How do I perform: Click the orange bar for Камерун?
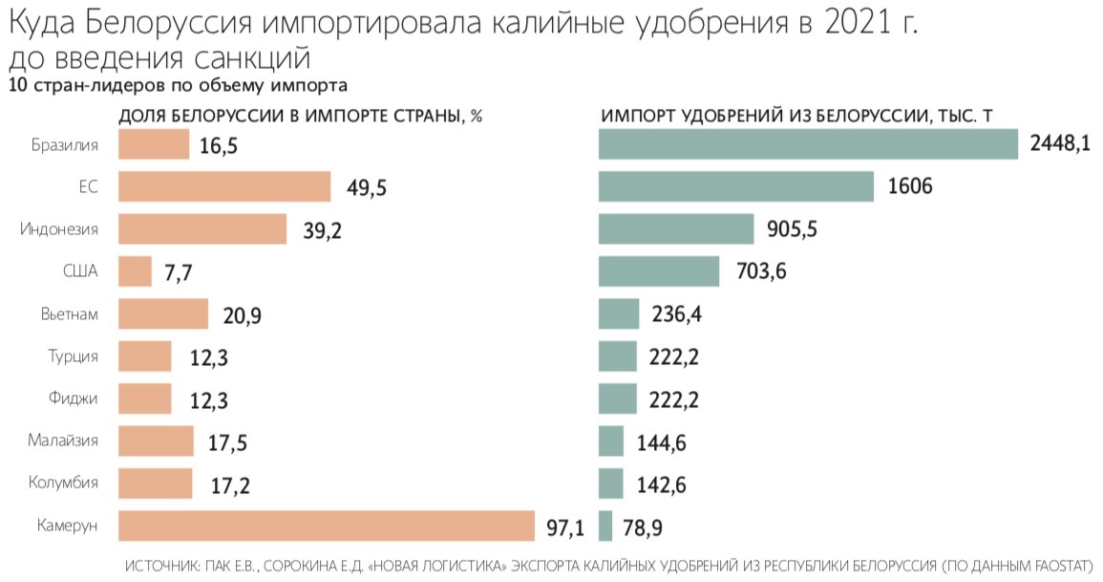tap(326, 526)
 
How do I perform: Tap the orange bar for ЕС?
tap(224, 186)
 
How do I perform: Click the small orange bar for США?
tap(135, 271)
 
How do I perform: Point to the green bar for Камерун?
tap(605, 526)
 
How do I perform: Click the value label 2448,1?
tap(1060, 144)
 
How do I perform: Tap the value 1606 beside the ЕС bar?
tap(909, 186)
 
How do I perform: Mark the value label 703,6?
tap(760, 272)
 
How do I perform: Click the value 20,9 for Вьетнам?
tap(240, 315)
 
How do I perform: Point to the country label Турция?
tap(73, 356)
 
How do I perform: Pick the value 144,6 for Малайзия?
tap(661, 442)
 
